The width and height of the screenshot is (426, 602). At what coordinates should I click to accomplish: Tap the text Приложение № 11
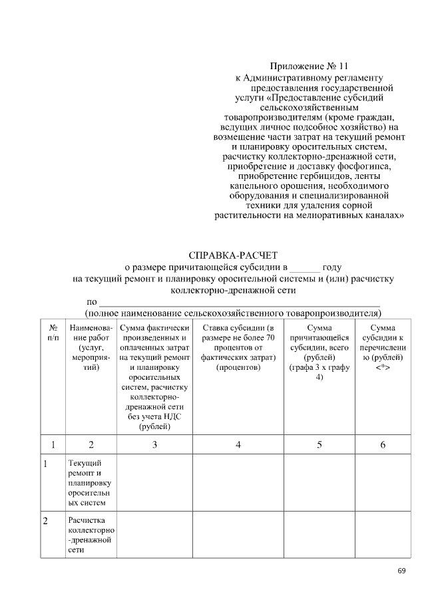tap(309, 66)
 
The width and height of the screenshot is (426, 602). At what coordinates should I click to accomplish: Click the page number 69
tap(401, 571)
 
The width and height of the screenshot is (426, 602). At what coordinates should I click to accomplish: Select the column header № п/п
tap(53, 333)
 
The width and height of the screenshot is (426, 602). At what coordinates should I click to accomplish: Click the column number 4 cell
tap(238, 444)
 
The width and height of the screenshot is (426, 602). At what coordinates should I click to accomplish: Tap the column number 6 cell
tap(383, 444)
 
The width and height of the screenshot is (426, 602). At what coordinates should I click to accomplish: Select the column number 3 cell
tap(154, 444)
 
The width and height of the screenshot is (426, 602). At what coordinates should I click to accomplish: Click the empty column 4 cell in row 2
tap(238, 534)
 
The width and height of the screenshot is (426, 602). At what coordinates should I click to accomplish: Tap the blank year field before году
tap(305, 268)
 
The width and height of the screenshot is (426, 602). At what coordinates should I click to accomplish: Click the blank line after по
tap(240, 303)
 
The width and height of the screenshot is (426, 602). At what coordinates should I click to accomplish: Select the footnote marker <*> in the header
tap(383, 368)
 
